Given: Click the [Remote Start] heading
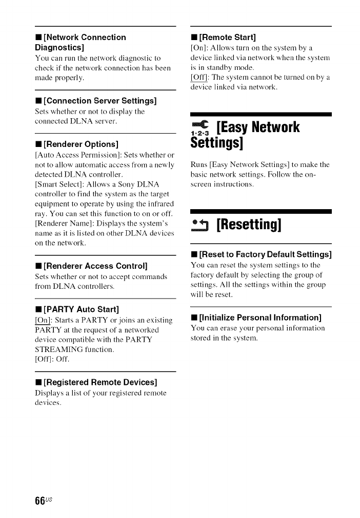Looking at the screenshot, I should click(x=226, y=37).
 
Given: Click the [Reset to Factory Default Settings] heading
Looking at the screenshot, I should click(x=264, y=254).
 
